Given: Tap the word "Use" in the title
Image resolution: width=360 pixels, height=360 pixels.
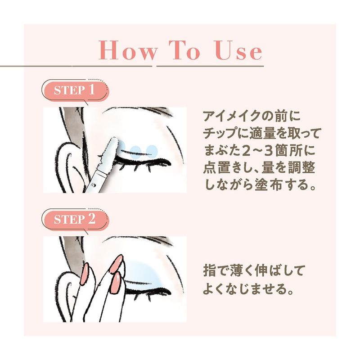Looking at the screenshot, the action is pos(239,50).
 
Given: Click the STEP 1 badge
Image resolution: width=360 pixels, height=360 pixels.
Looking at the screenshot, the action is pos(75,90).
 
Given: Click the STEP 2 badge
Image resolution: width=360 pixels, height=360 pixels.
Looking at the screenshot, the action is pos(75,220).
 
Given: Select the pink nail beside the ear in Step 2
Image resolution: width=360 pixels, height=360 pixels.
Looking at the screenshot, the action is pos(84,274).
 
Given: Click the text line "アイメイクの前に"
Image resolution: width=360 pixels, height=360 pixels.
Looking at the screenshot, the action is pos(252,116).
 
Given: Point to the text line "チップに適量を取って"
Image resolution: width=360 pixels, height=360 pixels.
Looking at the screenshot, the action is pos(262,134).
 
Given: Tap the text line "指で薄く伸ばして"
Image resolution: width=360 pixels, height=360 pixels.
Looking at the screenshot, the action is pos(254,271).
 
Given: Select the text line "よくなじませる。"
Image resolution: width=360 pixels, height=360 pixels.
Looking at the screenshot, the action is pos(249,289).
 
